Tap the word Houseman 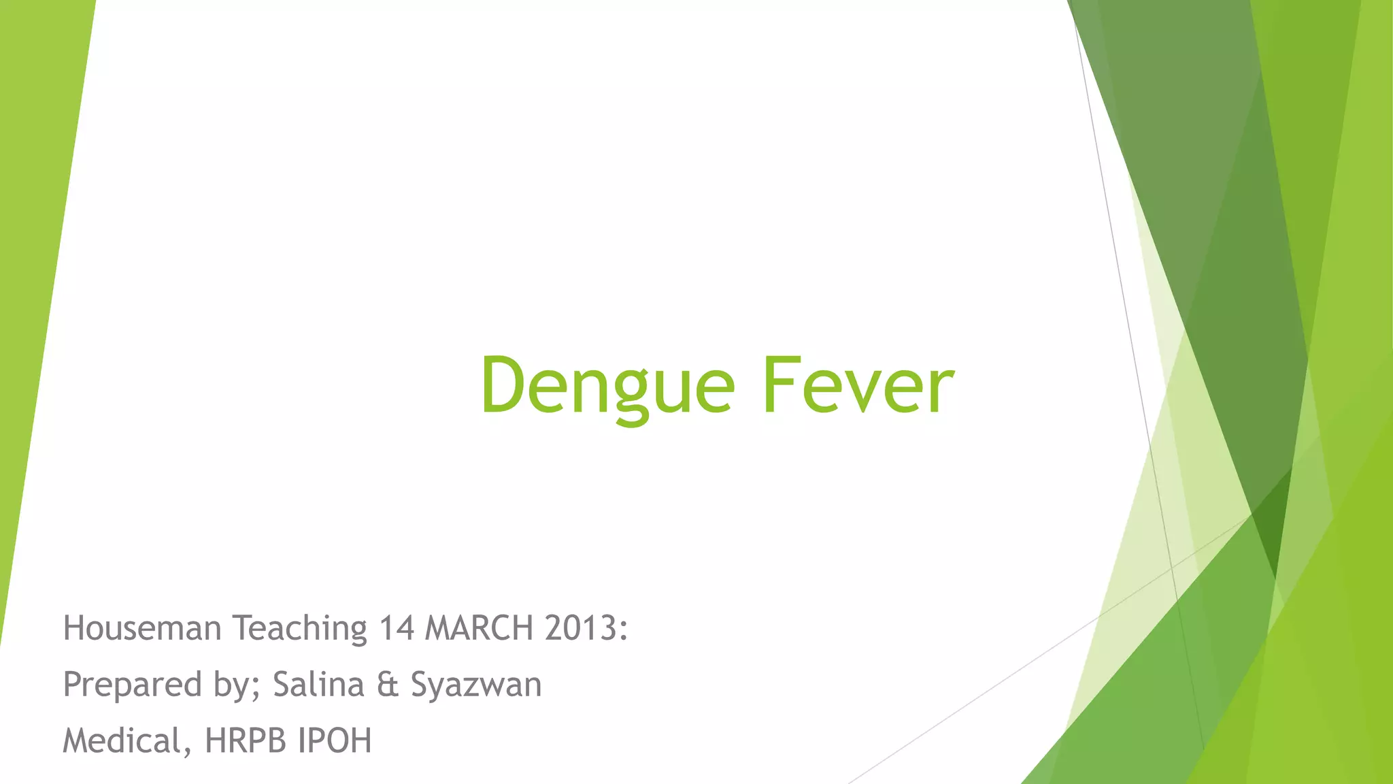pos(141,627)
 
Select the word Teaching pos(300,629)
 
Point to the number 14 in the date pos(396,627)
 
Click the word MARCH pos(479,627)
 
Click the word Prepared pos(132,685)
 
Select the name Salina pos(318,684)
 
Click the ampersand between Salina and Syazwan pos(387,685)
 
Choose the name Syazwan pos(476,685)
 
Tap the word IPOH pos(335,740)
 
